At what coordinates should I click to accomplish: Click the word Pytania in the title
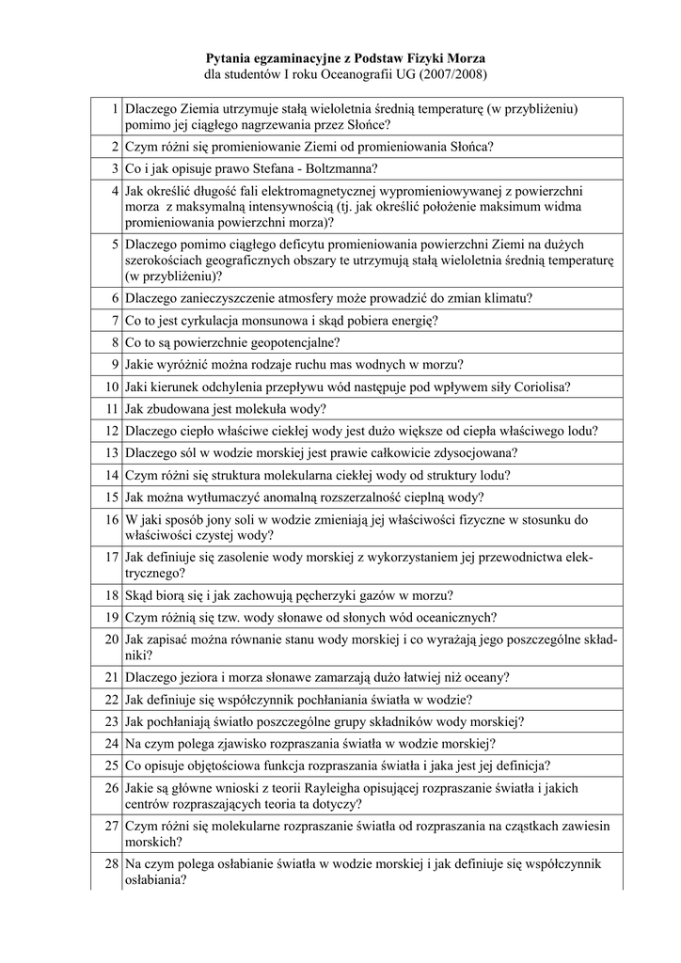(x=232, y=57)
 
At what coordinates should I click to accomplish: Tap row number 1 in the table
(x=115, y=109)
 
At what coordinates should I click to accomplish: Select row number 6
(x=115, y=298)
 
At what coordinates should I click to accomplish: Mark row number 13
(x=112, y=452)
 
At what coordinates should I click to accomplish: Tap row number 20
(x=112, y=639)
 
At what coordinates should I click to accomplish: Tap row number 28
(x=112, y=863)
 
